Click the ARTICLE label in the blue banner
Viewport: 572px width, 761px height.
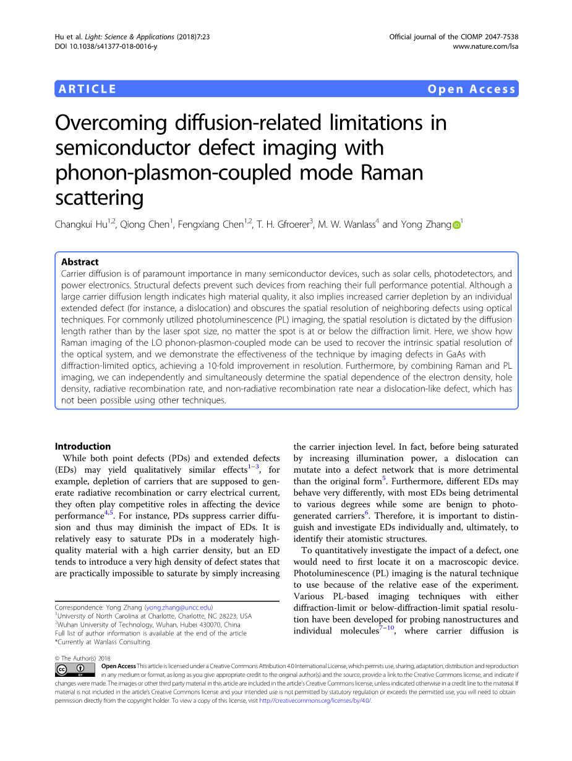[x=87, y=89]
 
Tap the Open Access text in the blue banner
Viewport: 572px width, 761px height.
[x=471, y=89]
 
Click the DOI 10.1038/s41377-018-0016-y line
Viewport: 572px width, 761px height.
[x=106, y=46]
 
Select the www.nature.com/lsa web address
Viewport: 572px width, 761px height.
[x=485, y=46]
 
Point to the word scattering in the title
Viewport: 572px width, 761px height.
[x=99, y=197]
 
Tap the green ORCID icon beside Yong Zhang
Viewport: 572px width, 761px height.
[x=456, y=225]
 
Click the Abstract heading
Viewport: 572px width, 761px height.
[x=80, y=262]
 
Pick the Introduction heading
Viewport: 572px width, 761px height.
[x=83, y=446]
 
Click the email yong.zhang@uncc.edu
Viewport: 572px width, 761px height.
[x=178, y=608]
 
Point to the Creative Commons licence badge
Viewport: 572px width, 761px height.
[x=71, y=670]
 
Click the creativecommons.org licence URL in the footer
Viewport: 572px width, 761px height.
[x=315, y=701]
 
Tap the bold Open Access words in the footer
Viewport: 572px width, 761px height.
[x=118, y=666]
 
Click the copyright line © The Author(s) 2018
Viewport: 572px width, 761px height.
[x=83, y=658]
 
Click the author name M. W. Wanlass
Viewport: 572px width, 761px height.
[x=347, y=225]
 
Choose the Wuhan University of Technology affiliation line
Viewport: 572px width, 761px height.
[x=148, y=625]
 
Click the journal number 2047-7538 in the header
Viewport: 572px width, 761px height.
[x=498, y=37]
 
